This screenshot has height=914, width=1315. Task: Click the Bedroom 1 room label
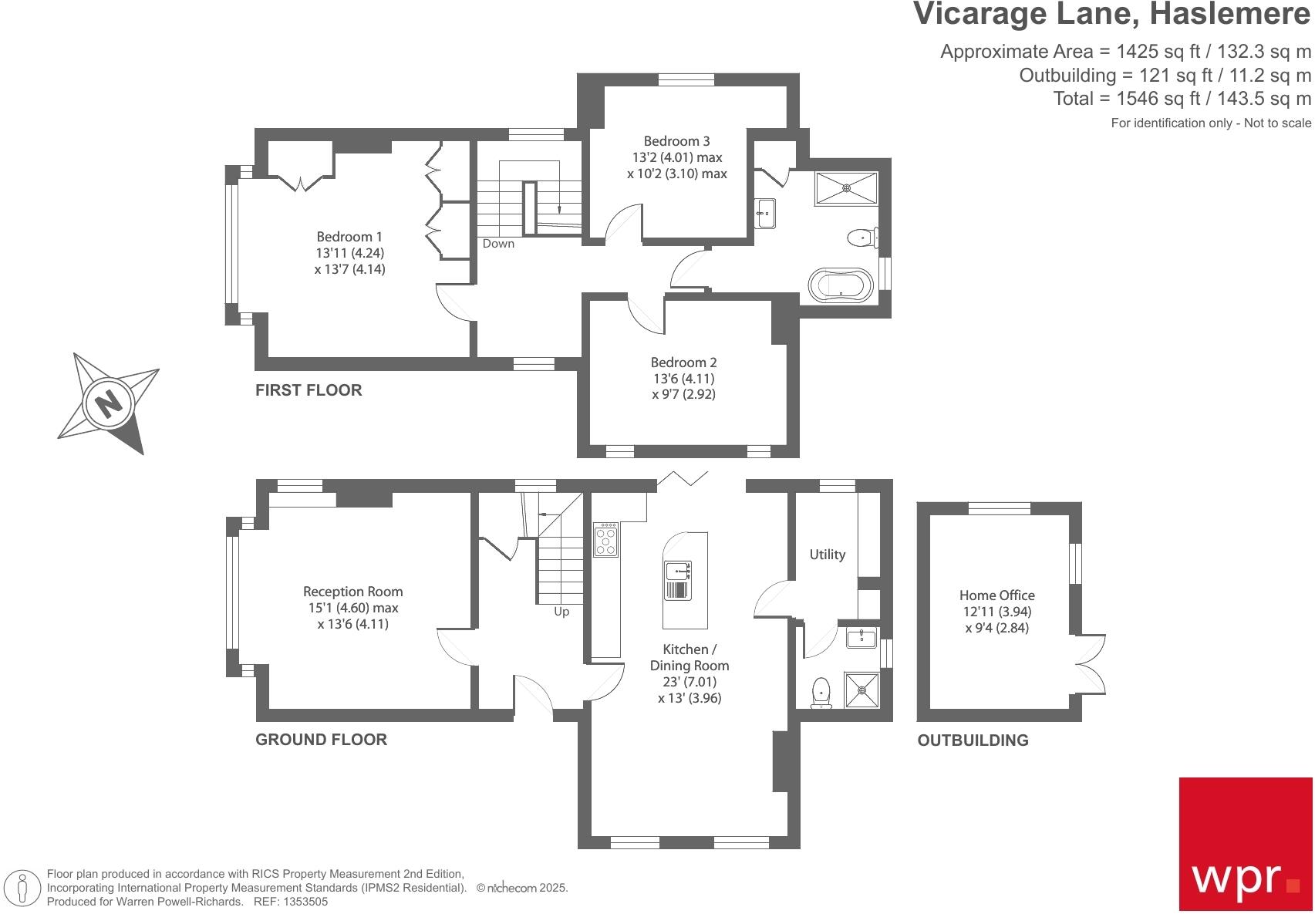point(349,237)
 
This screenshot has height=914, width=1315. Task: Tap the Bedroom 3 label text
point(676,141)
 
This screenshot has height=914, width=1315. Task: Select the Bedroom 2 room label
point(683,363)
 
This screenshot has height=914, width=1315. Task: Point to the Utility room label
point(827,555)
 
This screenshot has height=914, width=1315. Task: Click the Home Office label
point(996,595)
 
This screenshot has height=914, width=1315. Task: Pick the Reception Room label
point(352,592)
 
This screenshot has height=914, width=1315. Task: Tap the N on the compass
point(109,404)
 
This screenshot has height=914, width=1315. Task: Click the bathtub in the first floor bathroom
point(841,285)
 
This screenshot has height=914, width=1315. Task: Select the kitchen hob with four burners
point(605,539)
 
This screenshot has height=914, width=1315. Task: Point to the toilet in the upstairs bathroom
point(863,238)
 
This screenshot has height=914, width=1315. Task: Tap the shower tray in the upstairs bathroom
point(846,188)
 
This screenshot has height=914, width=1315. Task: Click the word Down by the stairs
point(497,244)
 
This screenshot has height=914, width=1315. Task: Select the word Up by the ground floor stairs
point(561,612)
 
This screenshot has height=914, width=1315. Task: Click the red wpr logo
point(1245,844)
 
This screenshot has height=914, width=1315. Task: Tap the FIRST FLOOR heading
point(309,390)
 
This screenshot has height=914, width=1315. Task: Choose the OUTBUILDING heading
point(973,740)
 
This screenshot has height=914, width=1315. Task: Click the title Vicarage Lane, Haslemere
point(1112,14)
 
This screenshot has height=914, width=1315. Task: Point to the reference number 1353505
point(305,902)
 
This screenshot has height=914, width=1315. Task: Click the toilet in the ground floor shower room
point(821,693)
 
